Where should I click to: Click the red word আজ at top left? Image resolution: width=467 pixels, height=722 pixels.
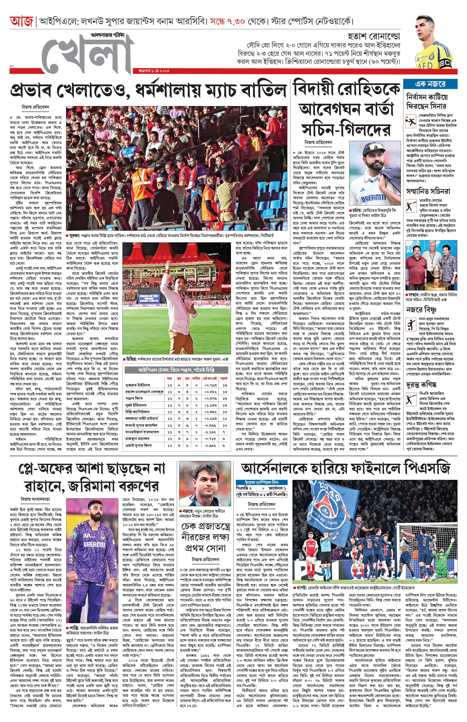click(x=22, y=22)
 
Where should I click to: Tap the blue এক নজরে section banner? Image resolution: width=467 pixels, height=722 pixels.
click(x=430, y=84)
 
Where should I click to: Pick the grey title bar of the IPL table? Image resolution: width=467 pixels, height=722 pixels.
click(x=176, y=370)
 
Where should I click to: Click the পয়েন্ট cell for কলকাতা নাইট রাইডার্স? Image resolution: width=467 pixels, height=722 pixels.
click(x=225, y=419)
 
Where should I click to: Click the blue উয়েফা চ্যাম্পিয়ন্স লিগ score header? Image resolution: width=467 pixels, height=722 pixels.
click(x=262, y=482)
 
